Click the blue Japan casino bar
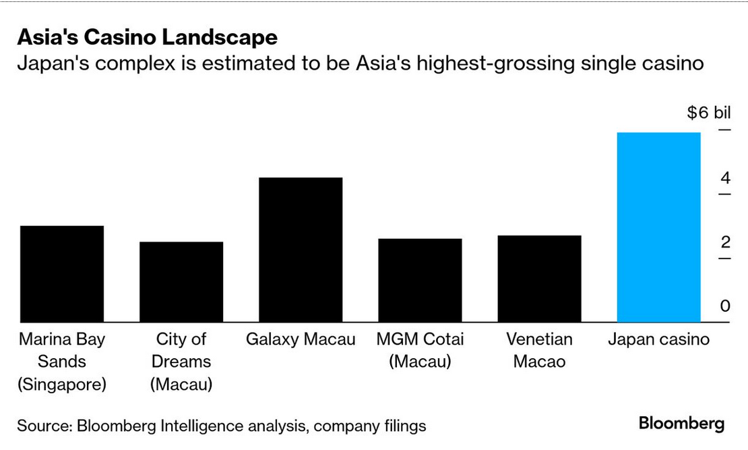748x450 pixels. tap(659, 227)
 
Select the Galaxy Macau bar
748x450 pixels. tap(301, 250)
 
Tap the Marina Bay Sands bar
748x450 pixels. tap(62, 274)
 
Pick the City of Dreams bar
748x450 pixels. tap(181, 282)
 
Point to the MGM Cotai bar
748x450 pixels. tap(420, 280)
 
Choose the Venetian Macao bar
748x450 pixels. tap(539, 279)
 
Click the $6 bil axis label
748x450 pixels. tap(709, 113)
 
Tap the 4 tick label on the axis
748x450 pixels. tap(725, 178)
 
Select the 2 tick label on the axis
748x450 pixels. tap(725, 242)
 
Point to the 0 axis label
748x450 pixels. tap(725, 306)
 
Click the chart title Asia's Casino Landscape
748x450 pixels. tap(147, 37)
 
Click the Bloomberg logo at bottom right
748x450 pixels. tap(681, 424)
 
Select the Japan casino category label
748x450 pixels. tap(658, 339)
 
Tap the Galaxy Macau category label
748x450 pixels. tap(301, 339)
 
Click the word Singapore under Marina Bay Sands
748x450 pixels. tap(62, 385)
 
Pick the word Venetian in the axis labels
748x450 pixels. tap(539, 339)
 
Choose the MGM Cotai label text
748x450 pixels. tap(420, 339)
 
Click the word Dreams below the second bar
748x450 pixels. tap(181, 361)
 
